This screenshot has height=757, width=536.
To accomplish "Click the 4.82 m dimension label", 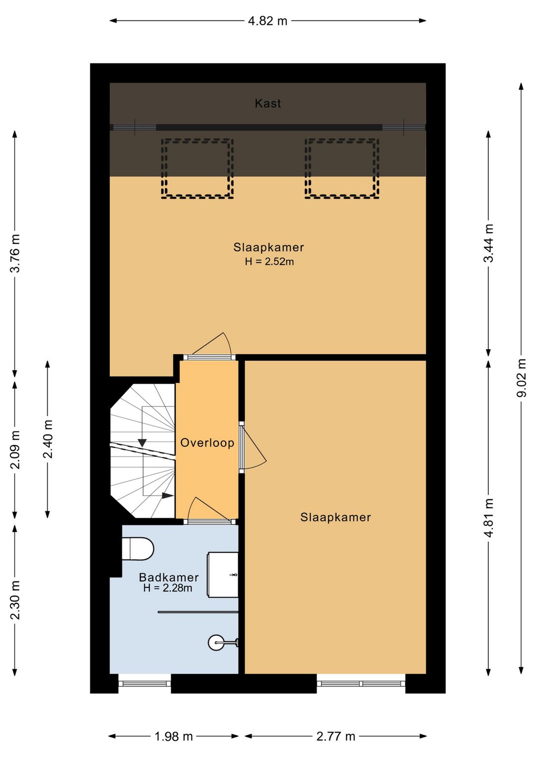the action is [x=268, y=21].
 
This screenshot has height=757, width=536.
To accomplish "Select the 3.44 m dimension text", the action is [x=488, y=243].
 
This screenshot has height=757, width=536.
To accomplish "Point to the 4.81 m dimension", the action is [x=488, y=517].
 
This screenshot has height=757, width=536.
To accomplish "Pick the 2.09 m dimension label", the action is [x=15, y=449].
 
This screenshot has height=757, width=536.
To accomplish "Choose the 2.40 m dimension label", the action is [x=48, y=439].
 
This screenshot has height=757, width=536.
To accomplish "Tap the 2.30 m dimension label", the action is [x=15, y=600].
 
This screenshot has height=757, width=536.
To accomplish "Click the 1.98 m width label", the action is [x=174, y=734].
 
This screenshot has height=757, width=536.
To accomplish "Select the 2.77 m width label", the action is [x=336, y=734].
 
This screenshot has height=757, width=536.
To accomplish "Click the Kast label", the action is [x=268, y=103].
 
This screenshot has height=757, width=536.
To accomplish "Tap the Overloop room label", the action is [x=207, y=442].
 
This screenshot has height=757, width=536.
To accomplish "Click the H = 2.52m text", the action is [x=269, y=261].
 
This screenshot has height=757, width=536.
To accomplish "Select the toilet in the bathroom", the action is [x=137, y=549].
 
